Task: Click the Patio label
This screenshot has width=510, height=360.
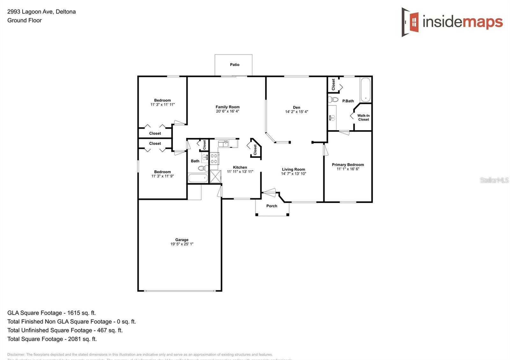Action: coord(235,65)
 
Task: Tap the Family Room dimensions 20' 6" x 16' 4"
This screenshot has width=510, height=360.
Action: coord(227,112)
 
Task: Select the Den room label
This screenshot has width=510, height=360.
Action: coord(296,107)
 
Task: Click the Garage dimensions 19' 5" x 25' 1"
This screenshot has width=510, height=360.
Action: coord(182,244)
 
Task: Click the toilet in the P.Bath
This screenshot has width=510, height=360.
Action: coord(333,99)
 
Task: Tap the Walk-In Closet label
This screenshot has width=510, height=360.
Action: coord(363,118)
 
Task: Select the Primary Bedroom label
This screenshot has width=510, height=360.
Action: coord(348,165)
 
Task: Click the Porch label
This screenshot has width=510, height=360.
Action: coord(272,206)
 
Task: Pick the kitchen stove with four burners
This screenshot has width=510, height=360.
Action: coord(214,159)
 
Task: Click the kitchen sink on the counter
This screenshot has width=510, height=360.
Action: coord(223,143)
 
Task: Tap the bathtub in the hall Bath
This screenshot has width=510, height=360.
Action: coord(198,178)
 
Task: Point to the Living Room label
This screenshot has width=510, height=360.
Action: coord(293,169)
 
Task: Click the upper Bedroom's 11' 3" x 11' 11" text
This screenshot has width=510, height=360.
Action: coord(163,104)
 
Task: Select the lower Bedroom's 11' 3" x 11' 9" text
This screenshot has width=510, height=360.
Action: coord(163,176)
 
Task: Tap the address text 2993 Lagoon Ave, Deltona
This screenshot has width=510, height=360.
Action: coord(41,12)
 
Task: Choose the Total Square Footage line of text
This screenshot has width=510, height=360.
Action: coord(52,339)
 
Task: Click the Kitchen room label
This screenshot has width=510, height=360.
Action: coord(240,167)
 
